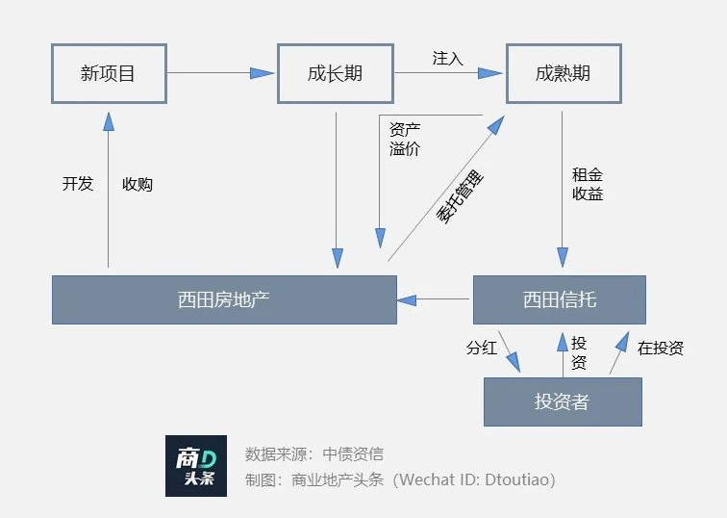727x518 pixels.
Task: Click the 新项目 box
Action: [x=108, y=72]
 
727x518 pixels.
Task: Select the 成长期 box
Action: [x=336, y=72]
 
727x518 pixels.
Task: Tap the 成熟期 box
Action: [x=563, y=72]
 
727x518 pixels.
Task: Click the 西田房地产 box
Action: [x=224, y=299]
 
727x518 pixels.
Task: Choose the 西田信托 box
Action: [x=559, y=299]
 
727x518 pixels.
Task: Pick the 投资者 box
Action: [x=562, y=401]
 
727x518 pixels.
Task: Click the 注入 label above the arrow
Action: [x=448, y=59]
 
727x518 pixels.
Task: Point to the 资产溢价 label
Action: [x=405, y=139]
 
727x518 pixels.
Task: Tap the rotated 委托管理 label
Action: [x=461, y=198]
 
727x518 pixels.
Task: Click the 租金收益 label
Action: [x=588, y=184]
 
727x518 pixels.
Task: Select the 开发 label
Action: [x=78, y=183]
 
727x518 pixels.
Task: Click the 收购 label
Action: [x=138, y=184]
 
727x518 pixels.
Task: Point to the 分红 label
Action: [x=482, y=348]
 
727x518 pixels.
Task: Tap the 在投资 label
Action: [x=661, y=348]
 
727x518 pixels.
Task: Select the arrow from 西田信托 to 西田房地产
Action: [x=435, y=299]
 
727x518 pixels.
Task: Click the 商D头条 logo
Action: [x=196, y=466]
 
